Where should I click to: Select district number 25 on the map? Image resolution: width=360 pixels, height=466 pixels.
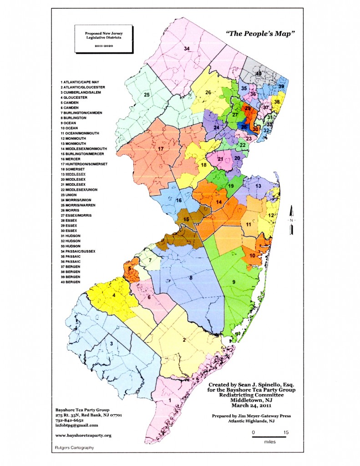click(147, 95)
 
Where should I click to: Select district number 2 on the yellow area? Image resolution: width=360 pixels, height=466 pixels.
click(184, 339)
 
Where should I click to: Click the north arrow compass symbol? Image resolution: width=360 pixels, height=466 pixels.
click(292, 220)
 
